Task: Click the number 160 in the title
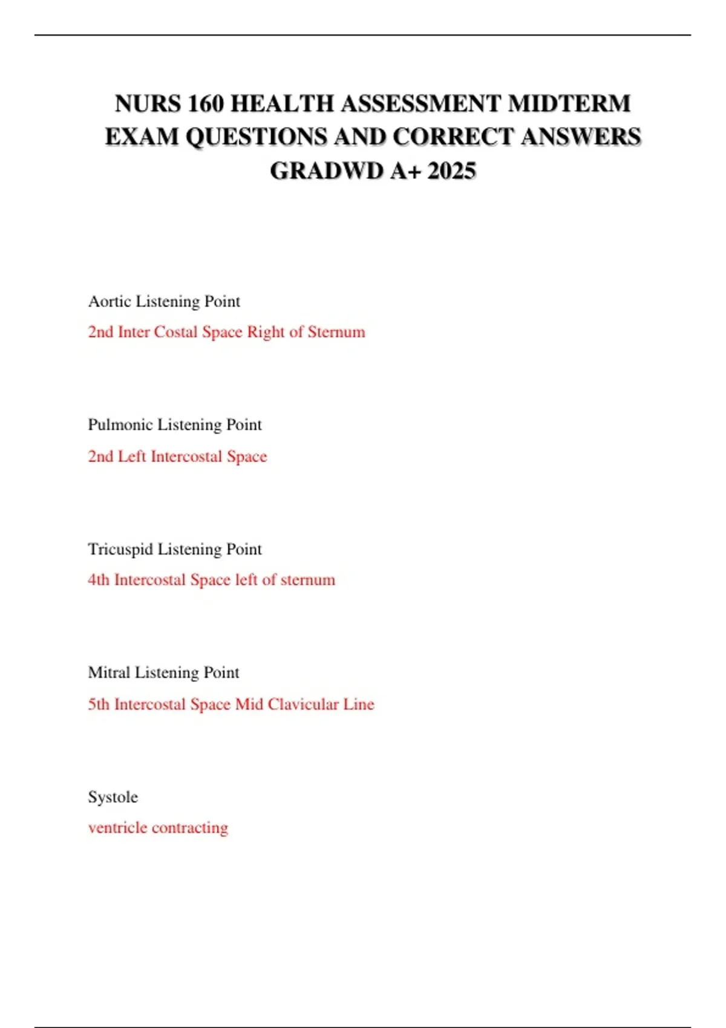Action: [205, 103]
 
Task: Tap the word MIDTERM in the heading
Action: [569, 103]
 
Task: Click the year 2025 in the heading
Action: [451, 171]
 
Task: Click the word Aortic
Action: [110, 301]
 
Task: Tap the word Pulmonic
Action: [120, 425]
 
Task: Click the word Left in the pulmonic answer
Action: [132, 456]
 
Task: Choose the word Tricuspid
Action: [120, 549]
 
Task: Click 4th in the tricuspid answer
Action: [99, 580]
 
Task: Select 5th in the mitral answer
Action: [99, 704]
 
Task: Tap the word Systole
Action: [113, 797]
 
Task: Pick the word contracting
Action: [190, 828]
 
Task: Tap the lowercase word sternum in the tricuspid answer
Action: [307, 580]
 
